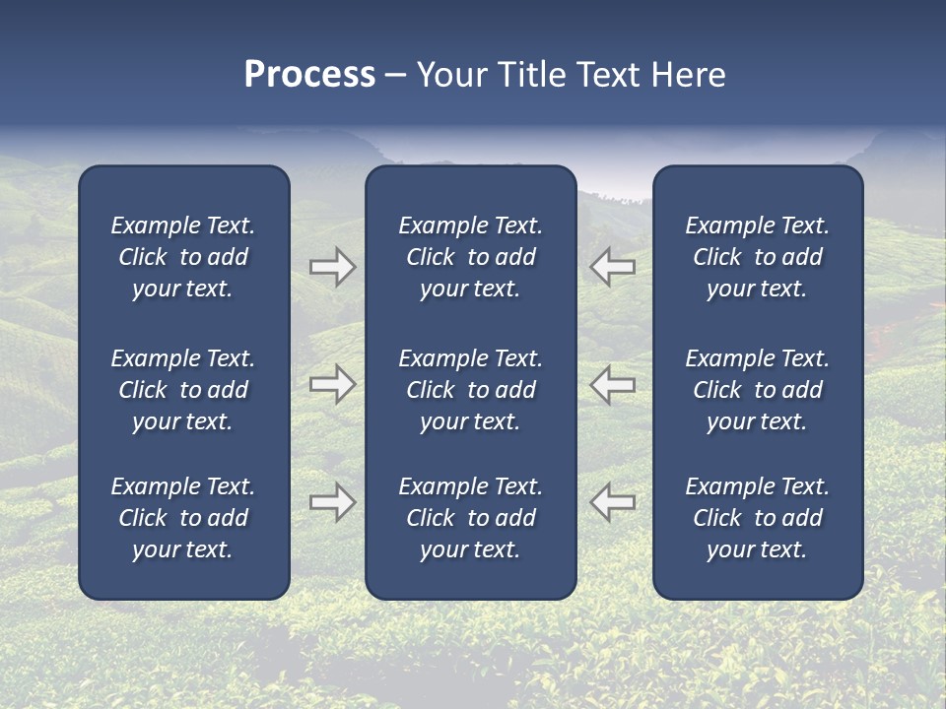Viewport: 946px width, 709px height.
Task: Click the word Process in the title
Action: point(309,75)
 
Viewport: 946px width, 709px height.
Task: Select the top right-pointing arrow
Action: point(332,267)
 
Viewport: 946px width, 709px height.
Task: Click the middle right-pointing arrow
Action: point(332,385)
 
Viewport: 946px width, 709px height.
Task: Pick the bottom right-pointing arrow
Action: point(332,502)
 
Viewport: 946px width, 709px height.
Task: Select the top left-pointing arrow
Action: point(612,267)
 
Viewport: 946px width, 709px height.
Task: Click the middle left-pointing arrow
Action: point(612,385)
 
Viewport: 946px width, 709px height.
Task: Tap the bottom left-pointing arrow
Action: point(612,502)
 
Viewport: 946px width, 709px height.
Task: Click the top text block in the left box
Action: point(183,257)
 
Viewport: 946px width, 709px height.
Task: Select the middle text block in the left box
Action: point(183,390)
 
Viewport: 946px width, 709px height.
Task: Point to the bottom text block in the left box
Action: point(183,518)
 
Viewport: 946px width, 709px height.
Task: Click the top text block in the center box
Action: point(471,257)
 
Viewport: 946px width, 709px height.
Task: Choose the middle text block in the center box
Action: point(471,390)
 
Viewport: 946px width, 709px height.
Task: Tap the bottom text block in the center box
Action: point(471,518)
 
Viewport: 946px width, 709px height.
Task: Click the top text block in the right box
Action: point(758,257)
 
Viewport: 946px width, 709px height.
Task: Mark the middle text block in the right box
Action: point(758,390)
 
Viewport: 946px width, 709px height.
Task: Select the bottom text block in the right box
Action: point(758,518)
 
